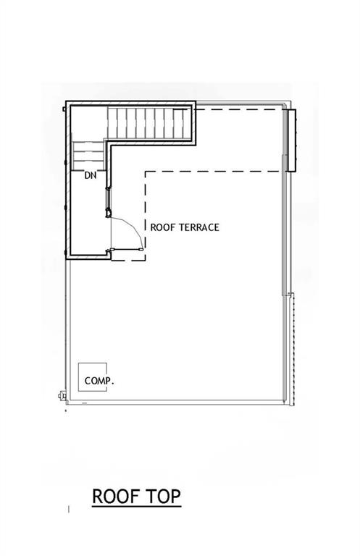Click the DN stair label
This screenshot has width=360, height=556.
[91, 175]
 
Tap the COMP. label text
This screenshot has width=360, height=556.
[100, 380]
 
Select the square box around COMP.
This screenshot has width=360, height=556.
[93, 376]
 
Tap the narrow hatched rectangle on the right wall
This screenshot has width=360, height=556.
[291, 140]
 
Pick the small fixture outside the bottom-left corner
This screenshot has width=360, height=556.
[61, 395]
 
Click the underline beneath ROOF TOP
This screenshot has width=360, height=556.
[136, 507]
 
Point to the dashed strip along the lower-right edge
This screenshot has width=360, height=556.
[291, 347]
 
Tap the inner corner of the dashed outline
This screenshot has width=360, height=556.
[147, 172]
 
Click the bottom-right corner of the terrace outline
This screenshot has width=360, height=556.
[282, 402]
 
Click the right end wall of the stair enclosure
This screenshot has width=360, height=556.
[196, 122]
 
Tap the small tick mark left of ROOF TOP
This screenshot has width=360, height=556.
[69, 510]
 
